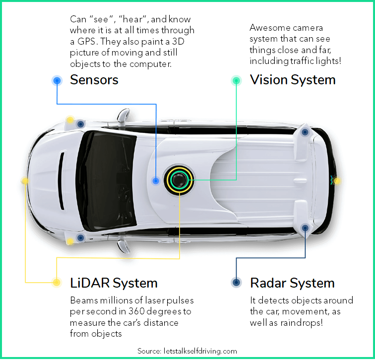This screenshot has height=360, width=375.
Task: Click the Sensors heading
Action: (94, 80)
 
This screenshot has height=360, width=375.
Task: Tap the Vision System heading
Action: (293, 80)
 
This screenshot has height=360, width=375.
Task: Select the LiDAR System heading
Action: (114, 283)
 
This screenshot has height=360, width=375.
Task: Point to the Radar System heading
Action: (292, 283)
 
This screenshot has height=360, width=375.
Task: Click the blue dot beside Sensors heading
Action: (57, 80)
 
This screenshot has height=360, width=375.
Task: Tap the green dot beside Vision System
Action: (236, 80)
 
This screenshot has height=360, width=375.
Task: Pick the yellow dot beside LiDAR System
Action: (57, 282)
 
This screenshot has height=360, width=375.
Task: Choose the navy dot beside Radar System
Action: (236, 282)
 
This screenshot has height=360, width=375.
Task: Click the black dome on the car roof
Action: (179, 180)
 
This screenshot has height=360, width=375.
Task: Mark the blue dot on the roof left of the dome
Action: (156, 180)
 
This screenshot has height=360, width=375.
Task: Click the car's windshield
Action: (107, 180)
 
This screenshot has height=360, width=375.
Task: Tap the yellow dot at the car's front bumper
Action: (25, 180)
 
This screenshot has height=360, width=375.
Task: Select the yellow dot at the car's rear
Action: (337, 181)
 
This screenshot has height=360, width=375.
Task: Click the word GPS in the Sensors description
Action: (87, 41)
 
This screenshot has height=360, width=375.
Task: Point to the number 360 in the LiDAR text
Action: (136, 311)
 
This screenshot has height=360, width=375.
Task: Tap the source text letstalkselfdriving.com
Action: (200, 351)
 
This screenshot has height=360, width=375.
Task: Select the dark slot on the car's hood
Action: (62, 180)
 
